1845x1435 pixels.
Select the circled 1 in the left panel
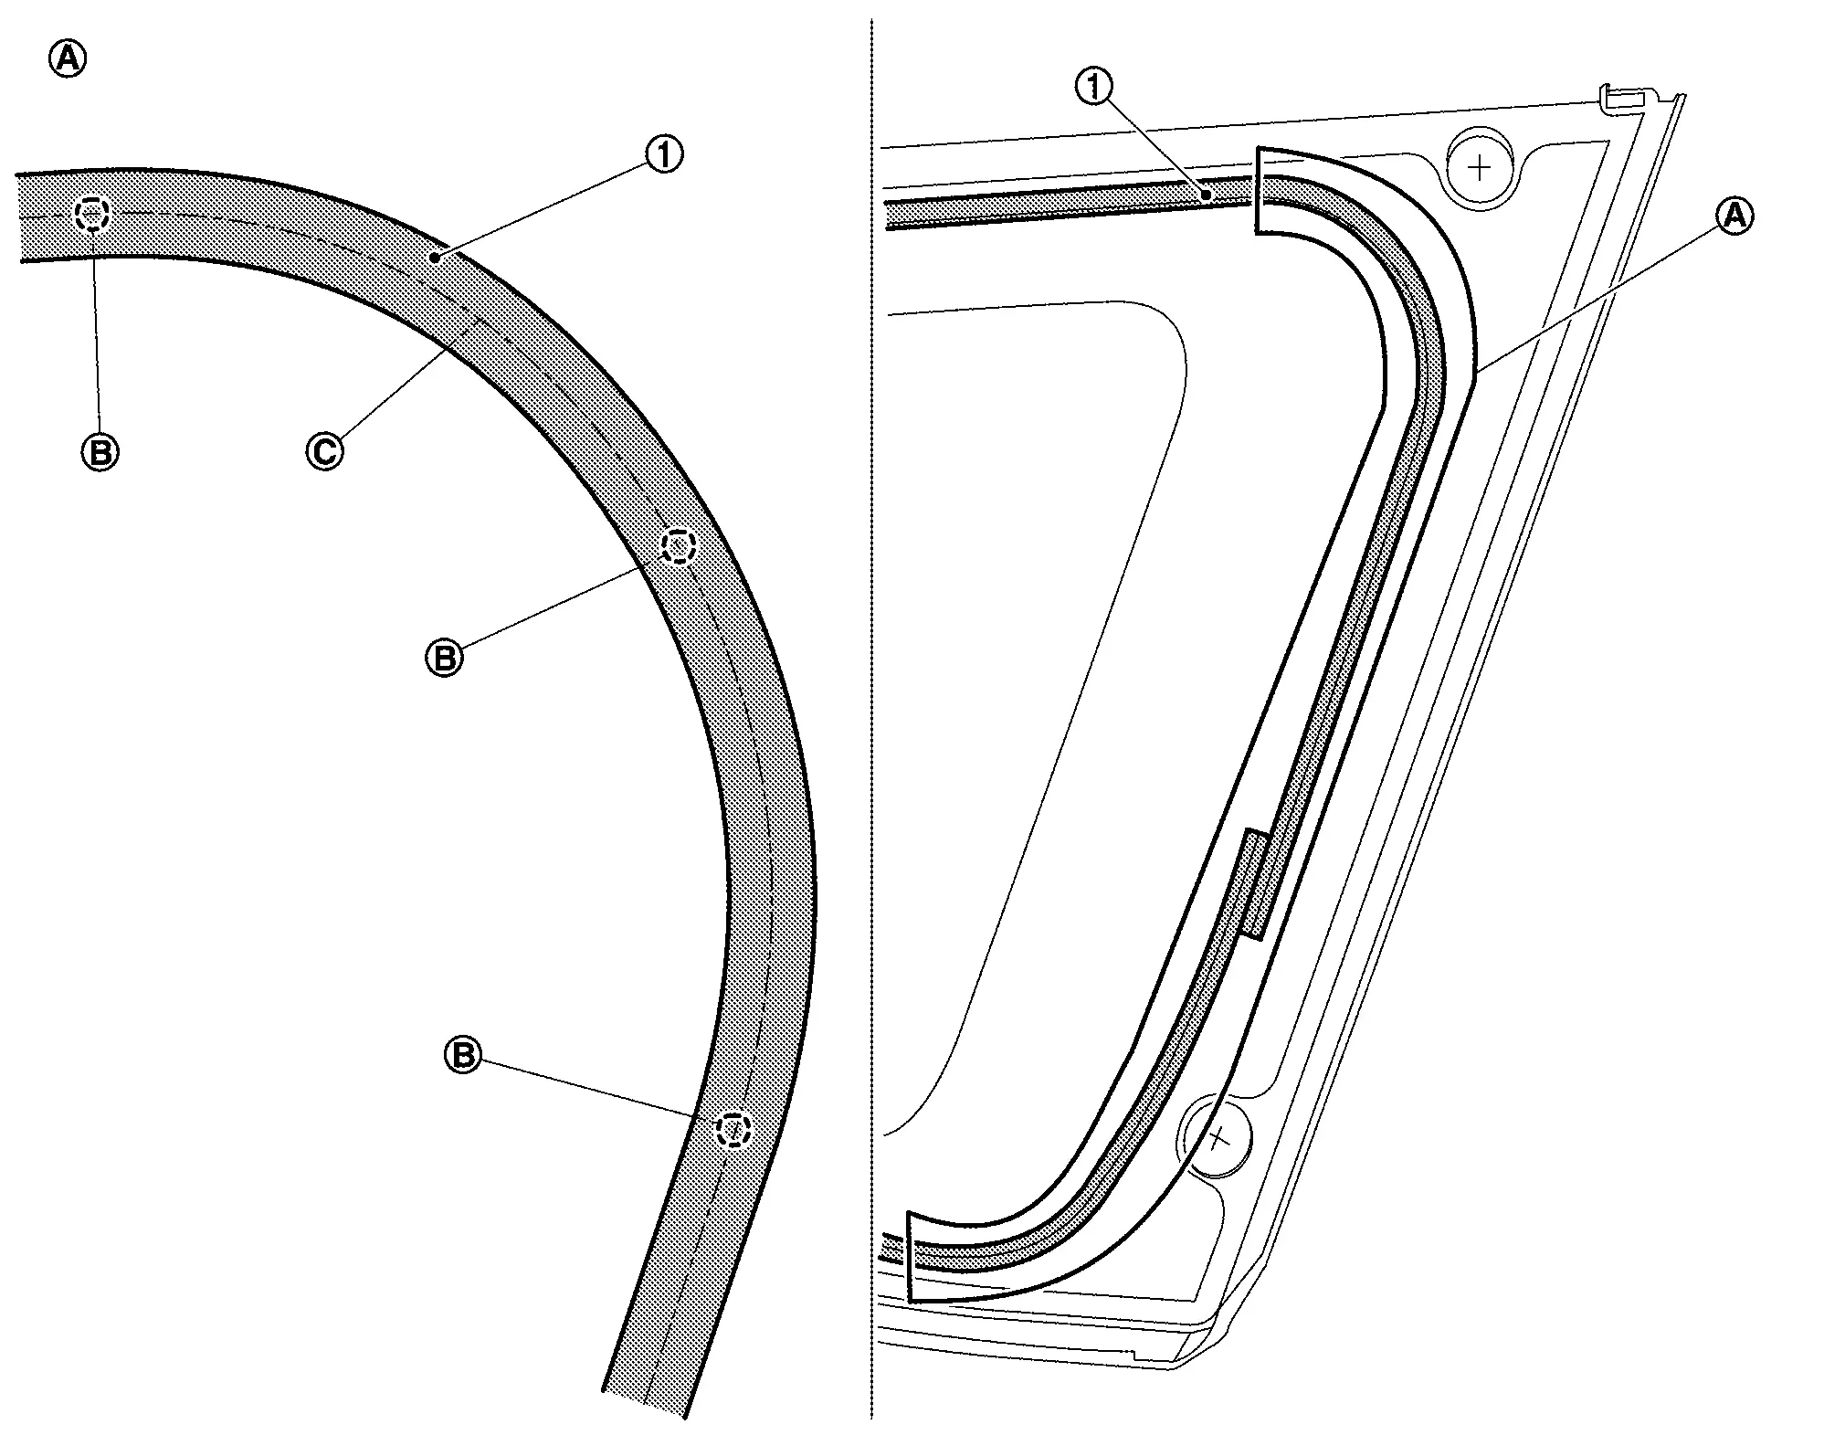664,154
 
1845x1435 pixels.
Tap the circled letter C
325,451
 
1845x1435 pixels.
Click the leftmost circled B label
100,451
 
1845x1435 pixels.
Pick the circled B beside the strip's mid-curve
445,658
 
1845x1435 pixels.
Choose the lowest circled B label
462,1055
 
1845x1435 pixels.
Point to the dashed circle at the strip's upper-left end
92,215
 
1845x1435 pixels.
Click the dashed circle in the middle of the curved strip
679,546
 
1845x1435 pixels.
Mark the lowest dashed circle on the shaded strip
733,1130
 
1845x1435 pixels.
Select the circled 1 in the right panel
1095,87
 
